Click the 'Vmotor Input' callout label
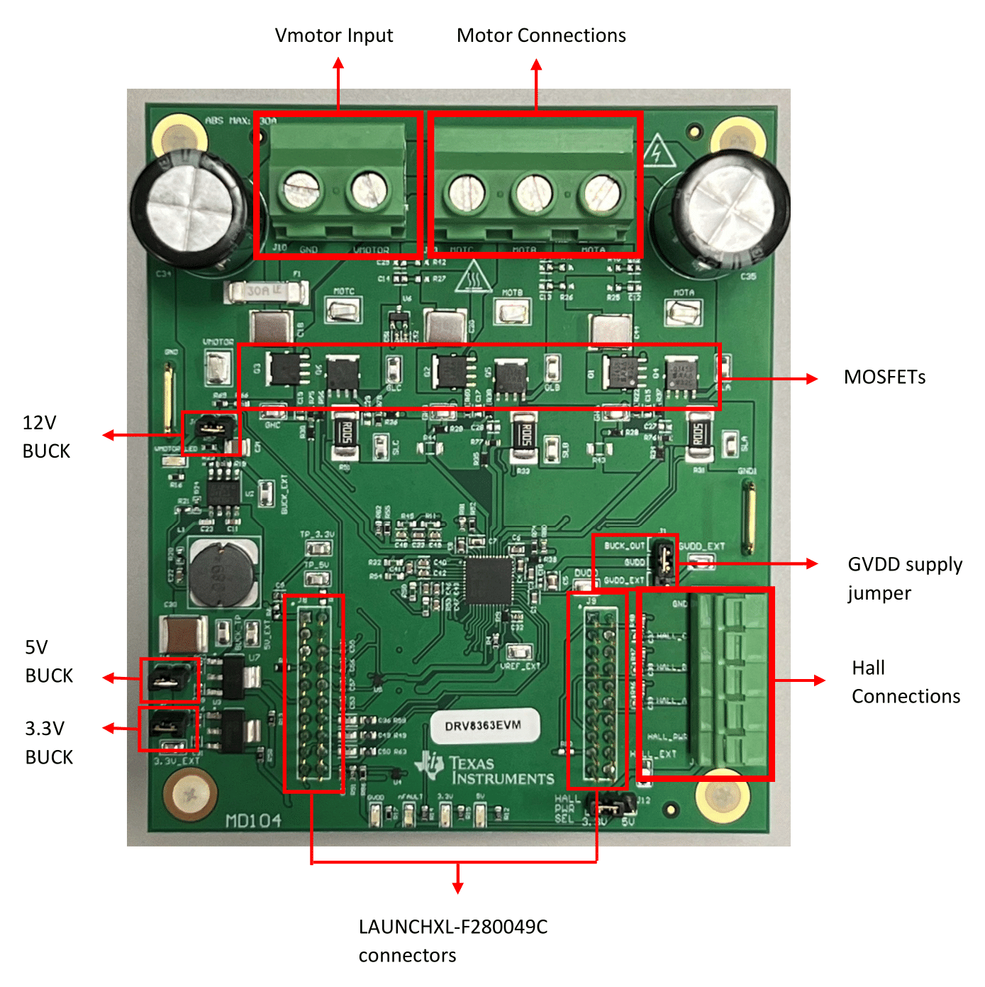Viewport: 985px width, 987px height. click(333, 35)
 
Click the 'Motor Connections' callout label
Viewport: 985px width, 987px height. click(541, 35)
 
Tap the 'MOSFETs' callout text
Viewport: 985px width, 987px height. click(884, 377)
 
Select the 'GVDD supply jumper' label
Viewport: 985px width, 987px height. click(904, 578)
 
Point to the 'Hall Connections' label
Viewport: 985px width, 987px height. click(906, 682)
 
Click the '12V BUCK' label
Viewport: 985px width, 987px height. click(46, 437)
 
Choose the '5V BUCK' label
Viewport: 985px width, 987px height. click(48, 661)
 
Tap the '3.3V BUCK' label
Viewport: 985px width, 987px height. click(48, 743)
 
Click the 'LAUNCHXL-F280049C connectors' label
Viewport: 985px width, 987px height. click(452, 941)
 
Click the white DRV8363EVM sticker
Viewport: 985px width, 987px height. click(484, 726)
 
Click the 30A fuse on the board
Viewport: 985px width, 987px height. click(266, 291)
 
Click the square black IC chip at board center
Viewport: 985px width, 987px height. click(489, 580)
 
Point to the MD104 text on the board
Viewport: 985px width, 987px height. click(253, 821)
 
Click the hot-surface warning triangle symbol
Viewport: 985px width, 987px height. click(474, 277)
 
